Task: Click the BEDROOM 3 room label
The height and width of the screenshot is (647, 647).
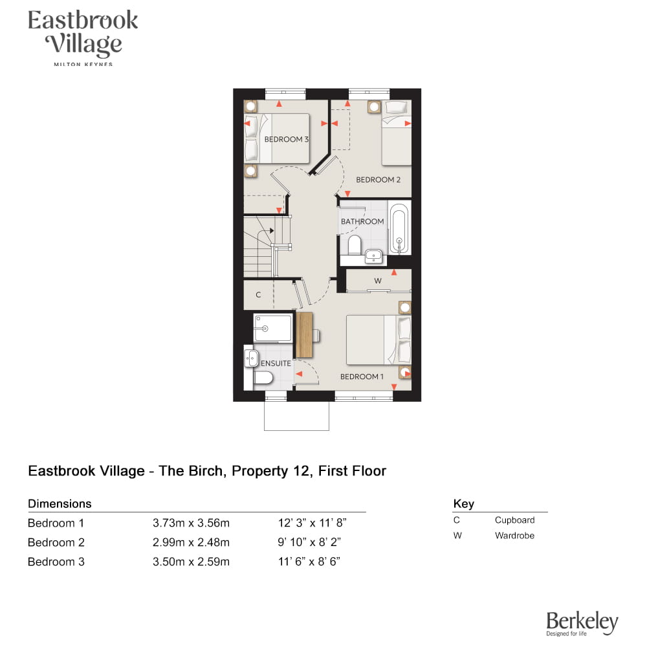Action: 287,140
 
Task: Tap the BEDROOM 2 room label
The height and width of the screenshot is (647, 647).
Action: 378,180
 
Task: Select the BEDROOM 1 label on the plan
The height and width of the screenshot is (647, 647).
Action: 362,377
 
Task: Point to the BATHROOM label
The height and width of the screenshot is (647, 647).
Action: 362,221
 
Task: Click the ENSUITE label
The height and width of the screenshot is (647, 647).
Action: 276,364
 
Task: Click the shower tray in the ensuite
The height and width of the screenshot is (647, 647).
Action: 273,329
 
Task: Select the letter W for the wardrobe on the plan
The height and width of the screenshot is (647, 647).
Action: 378,281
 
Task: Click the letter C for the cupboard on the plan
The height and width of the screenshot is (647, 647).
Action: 258,294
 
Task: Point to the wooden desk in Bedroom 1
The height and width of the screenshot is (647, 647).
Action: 305,334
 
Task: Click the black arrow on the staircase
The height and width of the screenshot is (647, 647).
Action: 272,231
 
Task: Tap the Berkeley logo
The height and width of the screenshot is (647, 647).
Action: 582,624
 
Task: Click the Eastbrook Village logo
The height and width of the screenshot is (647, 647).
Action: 83,38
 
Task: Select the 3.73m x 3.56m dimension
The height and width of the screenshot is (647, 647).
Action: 191,523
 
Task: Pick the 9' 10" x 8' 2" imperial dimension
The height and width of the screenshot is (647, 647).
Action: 309,542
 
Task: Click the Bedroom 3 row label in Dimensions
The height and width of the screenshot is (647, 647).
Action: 56,562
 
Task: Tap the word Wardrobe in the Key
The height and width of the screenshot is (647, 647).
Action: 514,536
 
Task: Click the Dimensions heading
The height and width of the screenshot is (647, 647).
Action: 60,504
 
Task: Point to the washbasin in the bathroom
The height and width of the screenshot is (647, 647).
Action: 374,257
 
